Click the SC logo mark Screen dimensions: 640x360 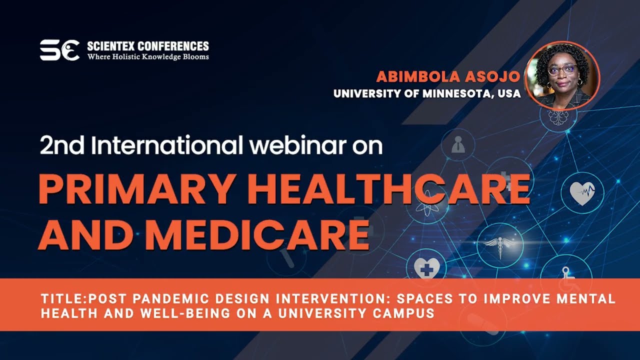[59, 50]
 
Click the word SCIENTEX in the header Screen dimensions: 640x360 [111, 46]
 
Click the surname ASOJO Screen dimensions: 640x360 [492, 76]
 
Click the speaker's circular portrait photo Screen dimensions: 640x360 [562, 76]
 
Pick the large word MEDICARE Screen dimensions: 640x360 [258, 235]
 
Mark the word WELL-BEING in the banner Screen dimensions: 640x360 [185, 313]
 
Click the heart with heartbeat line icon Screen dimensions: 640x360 [582, 193]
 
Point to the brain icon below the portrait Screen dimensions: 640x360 [558, 116]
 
